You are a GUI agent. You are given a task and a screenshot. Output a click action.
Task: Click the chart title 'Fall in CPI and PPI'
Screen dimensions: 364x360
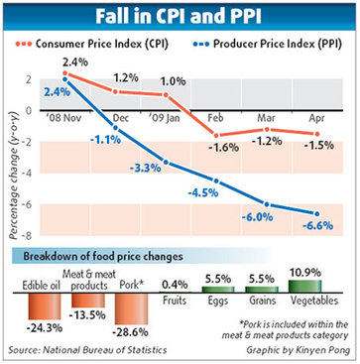(180, 17)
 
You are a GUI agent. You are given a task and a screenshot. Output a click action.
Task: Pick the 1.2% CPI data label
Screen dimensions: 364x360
(125, 77)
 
